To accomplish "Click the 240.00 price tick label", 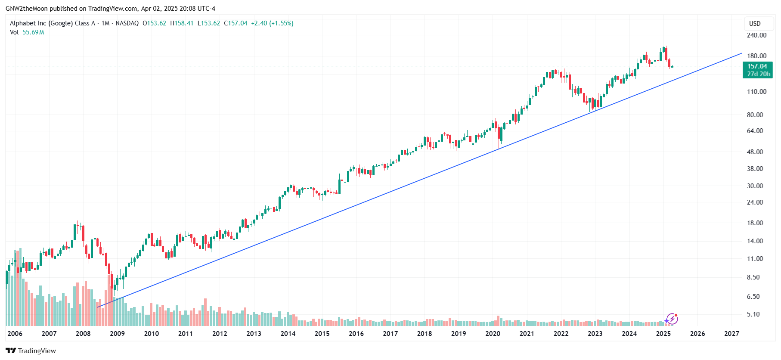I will tap(756, 35).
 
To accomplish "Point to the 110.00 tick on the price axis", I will tap(756, 92).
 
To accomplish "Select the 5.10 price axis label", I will tap(753, 314).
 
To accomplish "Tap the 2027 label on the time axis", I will tap(731, 334).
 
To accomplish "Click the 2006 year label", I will tap(15, 334).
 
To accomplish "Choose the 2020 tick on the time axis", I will tap(493, 334).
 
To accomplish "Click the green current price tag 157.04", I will tap(757, 66).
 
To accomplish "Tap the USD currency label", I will tap(755, 24).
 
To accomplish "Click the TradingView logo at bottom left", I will tap(31, 351).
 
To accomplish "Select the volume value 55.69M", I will tap(33, 32).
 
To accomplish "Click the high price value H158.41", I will tap(182, 23).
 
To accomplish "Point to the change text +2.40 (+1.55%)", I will tap(272, 23).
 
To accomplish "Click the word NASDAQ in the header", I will tap(127, 23).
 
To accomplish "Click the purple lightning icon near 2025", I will tap(671, 319).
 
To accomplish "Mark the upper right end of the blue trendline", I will tap(742, 53).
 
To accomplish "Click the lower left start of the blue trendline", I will tap(97, 307).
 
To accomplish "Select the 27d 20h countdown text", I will tap(758, 74).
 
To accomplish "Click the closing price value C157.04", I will tap(236, 23).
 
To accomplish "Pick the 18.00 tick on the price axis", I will tap(755, 223).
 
